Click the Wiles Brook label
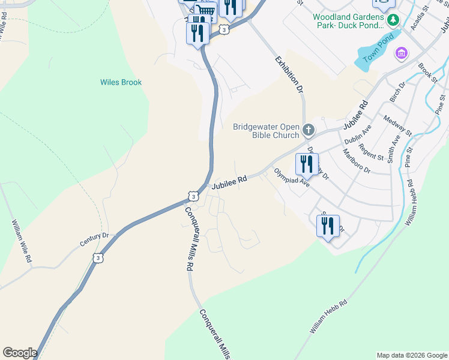click(121, 82)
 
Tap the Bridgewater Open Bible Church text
click(265, 131)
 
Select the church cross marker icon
click(309, 130)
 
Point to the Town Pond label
click(381, 53)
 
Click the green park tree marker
click(393, 20)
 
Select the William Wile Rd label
click(21, 242)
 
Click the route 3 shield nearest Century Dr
click(98, 257)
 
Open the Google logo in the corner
click(20, 353)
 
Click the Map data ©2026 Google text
click(412, 355)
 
